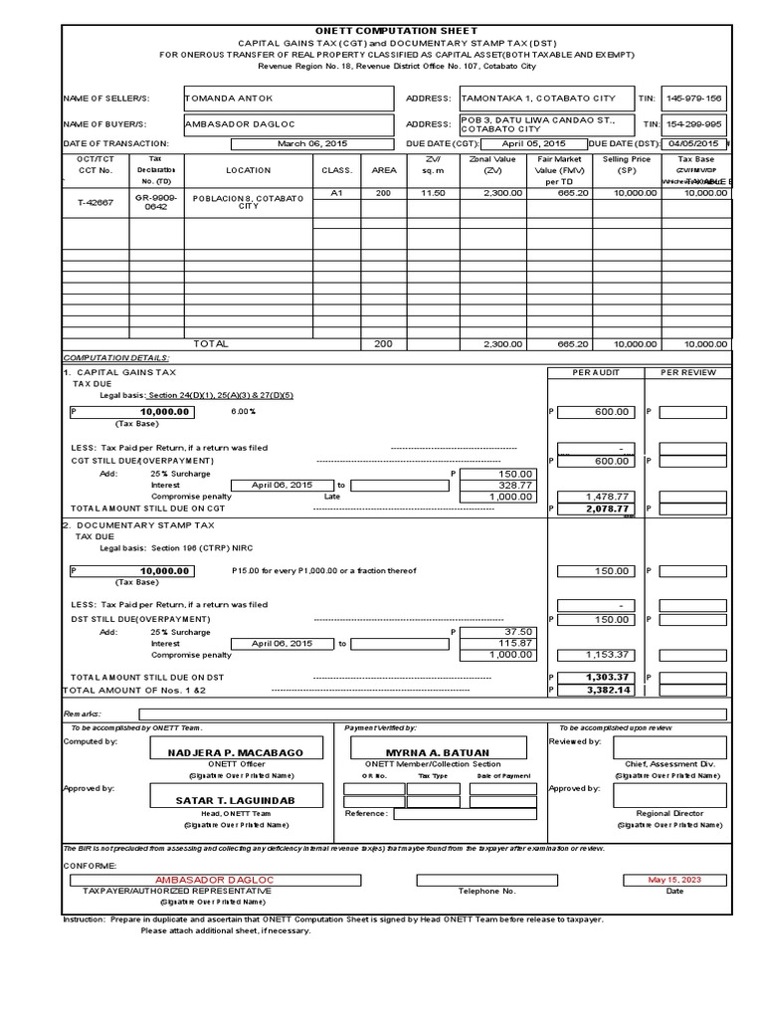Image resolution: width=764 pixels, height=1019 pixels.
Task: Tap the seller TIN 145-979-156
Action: point(694,99)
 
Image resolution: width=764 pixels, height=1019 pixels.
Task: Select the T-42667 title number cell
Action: point(95,200)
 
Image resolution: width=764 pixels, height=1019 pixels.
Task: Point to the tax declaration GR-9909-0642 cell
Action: point(156,202)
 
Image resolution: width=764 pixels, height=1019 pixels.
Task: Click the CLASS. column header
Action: point(337,170)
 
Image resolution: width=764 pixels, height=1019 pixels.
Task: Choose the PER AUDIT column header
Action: point(594,372)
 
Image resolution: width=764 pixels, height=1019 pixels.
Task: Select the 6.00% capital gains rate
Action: point(243,411)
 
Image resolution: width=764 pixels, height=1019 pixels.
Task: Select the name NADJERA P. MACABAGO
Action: point(242,752)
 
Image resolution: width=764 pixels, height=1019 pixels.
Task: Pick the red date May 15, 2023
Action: point(673,880)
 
